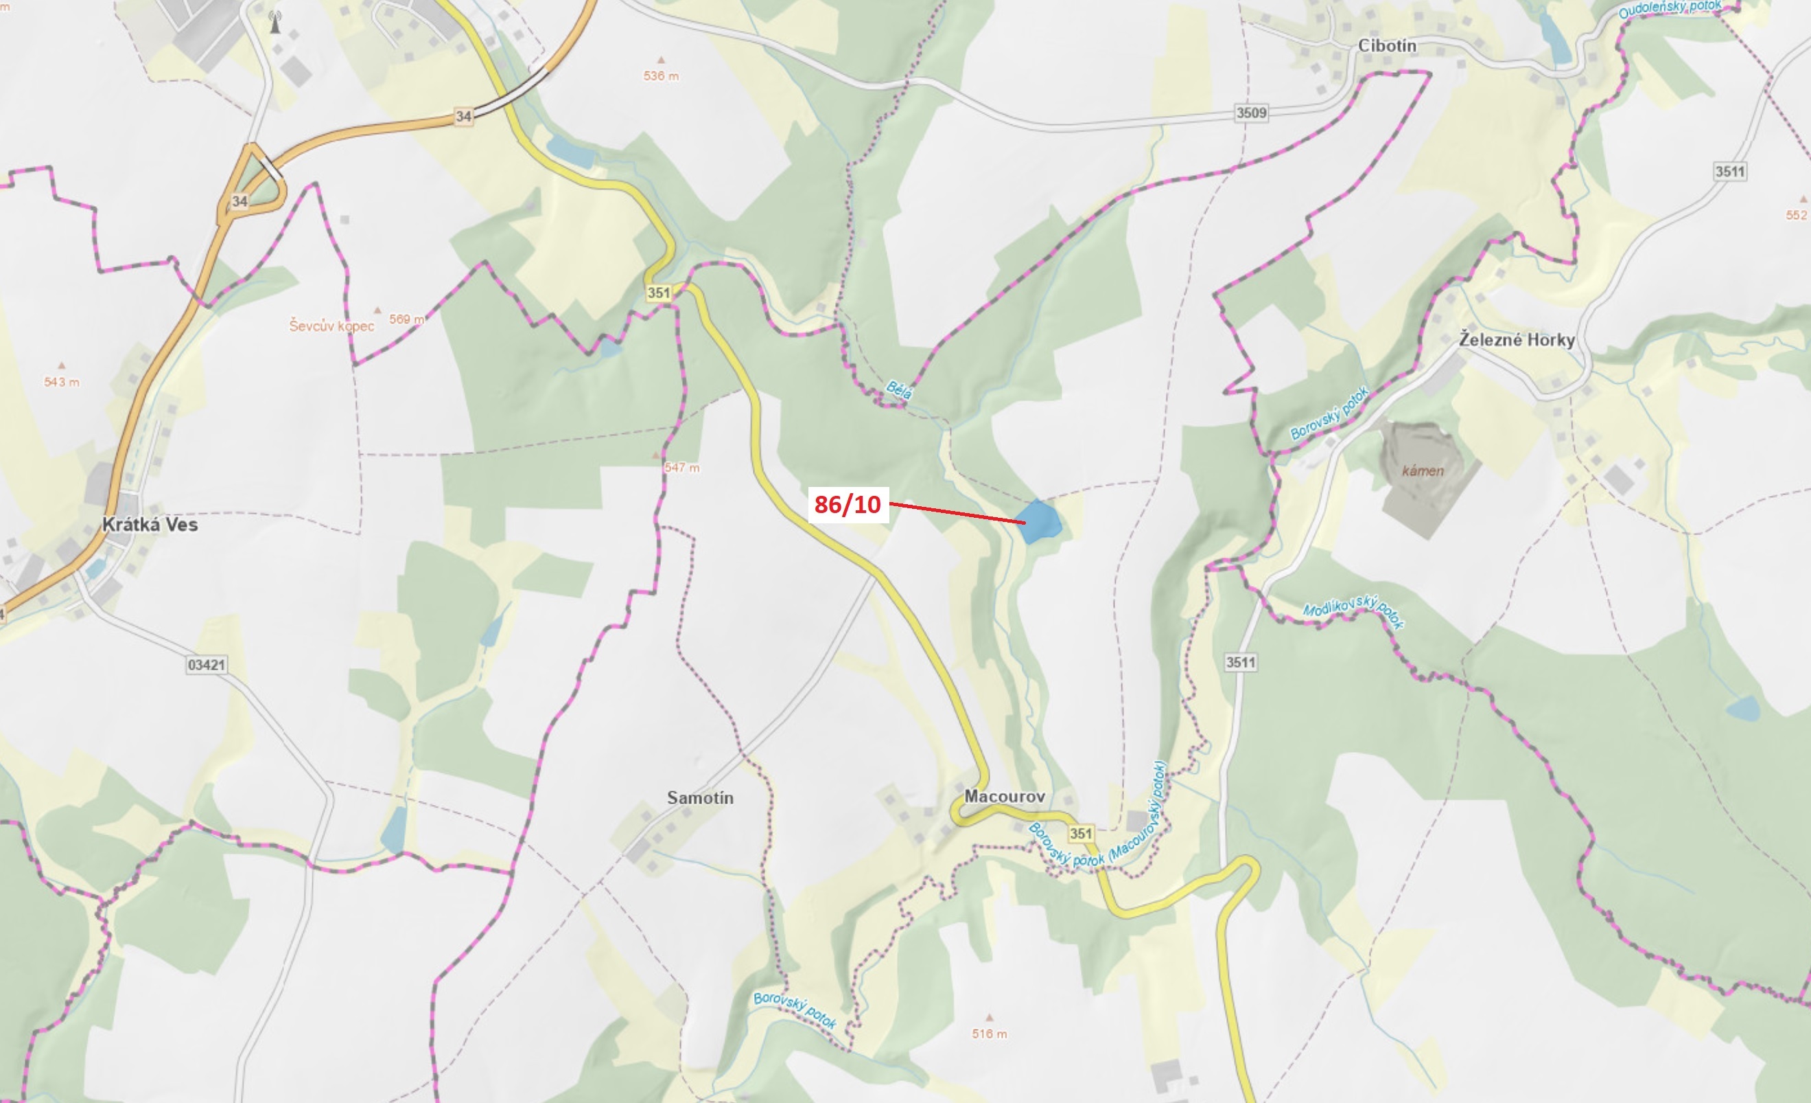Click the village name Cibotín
[x=1386, y=45]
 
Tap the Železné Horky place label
[x=1517, y=340]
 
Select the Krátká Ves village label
[x=150, y=524]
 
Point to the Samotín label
[x=700, y=798]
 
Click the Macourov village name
[x=1004, y=797]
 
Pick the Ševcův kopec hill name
[x=331, y=325]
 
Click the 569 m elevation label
[x=406, y=319]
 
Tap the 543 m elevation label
[x=62, y=382]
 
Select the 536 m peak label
[x=661, y=76]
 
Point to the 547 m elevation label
[x=681, y=467]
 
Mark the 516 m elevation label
[x=990, y=1034]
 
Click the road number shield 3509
[x=1251, y=113]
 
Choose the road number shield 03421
[x=207, y=665]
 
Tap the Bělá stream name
[x=899, y=389]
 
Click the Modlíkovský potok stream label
[x=1353, y=611]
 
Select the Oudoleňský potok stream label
[x=1670, y=9]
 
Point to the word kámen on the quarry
[x=1422, y=470]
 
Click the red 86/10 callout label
[x=848, y=504]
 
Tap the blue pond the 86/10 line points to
[x=1039, y=521]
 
